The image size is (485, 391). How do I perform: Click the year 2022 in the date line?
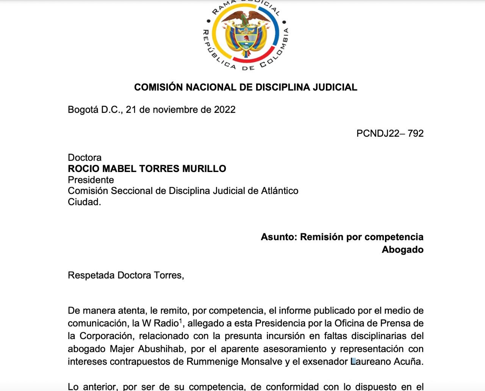click(x=225, y=109)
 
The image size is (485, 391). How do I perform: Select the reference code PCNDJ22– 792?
click(x=390, y=133)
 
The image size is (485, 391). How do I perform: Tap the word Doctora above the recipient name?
click(x=84, y=158)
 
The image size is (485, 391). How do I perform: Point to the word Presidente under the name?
click(x=91, y=180)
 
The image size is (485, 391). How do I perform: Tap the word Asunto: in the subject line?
click(x=278, y=237)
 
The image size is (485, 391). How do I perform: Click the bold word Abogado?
click(x=402, y=250)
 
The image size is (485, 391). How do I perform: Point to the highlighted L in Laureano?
click(x=353, y=361)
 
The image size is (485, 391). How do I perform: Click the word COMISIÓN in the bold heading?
click(x=158, y=87)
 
